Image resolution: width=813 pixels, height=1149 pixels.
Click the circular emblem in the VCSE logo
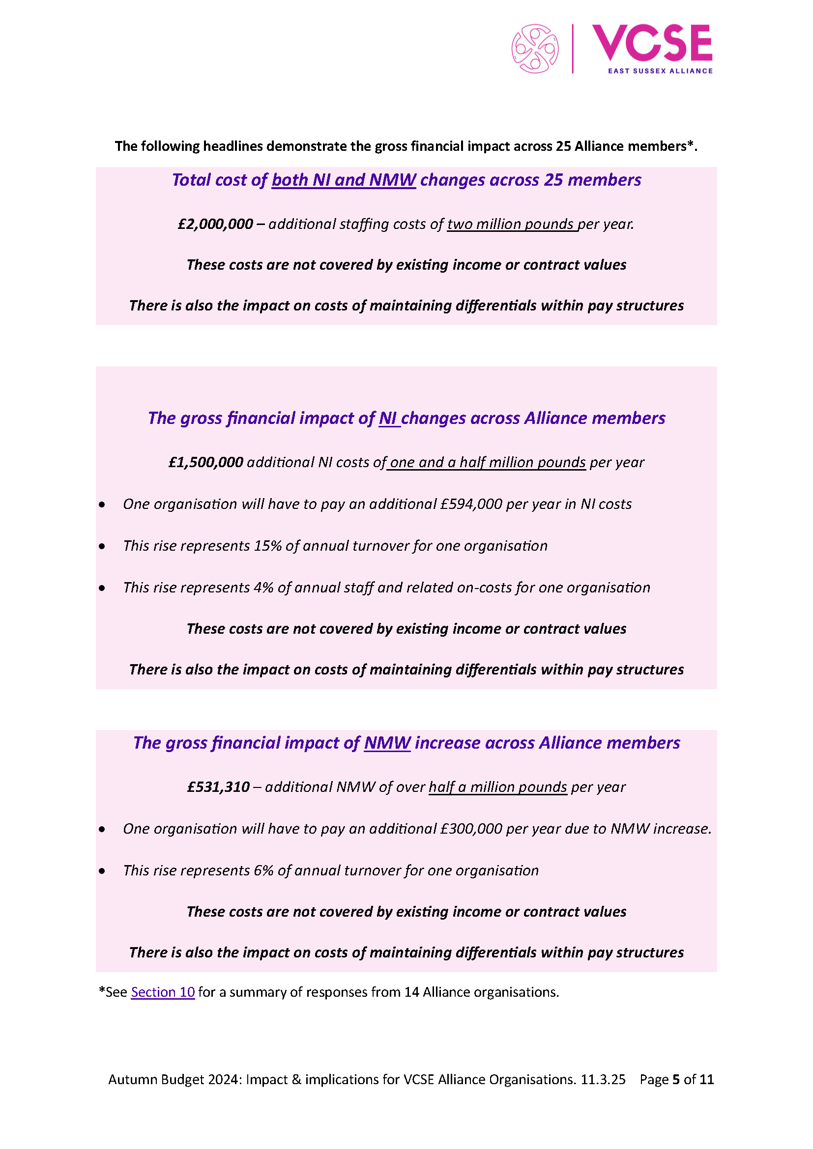(535, 49)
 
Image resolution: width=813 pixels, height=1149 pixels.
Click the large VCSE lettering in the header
(652, 43)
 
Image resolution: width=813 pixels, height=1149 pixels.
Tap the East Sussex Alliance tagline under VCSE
(660, 71)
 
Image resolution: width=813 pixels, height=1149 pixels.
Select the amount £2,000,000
(215, 224)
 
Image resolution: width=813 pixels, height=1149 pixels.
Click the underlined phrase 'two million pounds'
(512, 224)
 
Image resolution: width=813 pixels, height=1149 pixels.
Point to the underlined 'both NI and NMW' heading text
(344, 180)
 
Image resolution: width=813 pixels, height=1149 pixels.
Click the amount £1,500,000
(206, 462)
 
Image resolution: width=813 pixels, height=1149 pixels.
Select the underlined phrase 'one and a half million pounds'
(487, 462)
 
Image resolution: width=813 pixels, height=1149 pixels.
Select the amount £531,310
(218, 786)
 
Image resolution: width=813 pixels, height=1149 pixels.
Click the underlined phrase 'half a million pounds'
(497, 786)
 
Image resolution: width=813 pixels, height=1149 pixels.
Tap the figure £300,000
(471, 829)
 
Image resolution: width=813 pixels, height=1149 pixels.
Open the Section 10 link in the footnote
(163, 992)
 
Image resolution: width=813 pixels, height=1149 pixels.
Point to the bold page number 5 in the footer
(676, 1079)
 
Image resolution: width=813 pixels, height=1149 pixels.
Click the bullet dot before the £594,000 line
(102, 504)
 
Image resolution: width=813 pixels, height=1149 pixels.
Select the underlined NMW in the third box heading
(387, 743)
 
